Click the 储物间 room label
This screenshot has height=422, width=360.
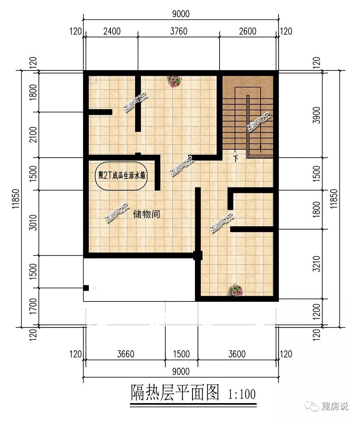point(147,214)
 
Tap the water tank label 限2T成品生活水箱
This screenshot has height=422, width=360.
point(122,176)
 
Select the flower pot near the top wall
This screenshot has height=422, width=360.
point(174,81)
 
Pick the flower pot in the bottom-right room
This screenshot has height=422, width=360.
point(235,290)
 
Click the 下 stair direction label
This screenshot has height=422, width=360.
point(235,159)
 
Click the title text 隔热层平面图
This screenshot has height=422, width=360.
point(175,392)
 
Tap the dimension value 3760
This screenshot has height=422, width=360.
point(179,31)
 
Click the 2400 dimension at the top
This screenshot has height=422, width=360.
point(112,31)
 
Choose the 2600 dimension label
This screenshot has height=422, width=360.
point(248,31)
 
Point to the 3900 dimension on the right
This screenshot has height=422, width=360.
point(317,115)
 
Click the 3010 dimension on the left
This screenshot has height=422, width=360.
point(33,222)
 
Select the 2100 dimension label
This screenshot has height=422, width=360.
point(33,135)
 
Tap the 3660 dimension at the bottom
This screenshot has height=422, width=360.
point(126,354)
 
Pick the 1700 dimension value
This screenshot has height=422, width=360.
point(33,306)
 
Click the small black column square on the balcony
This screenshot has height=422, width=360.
point(86,288)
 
